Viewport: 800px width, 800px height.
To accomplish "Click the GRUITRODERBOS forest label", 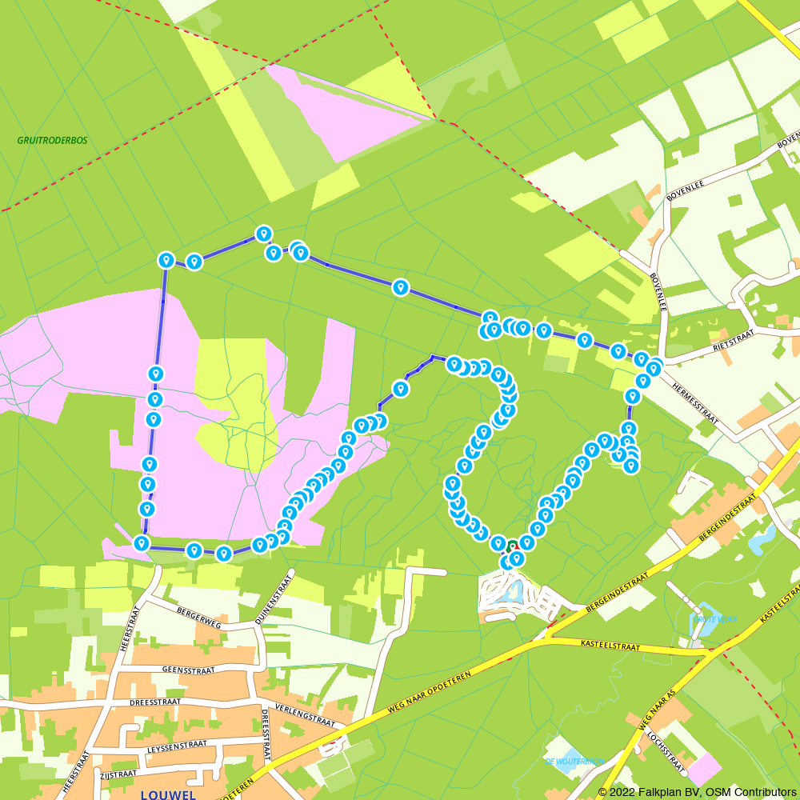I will [x=52, y=140].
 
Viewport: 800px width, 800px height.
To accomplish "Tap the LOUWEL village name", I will [x=168, y=794].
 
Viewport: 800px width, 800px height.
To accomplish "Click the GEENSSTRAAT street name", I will [x=188, y=670].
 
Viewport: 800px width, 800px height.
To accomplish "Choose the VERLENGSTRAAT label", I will [x=304, y=714].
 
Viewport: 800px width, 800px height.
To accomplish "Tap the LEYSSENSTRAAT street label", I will [x=177, y=746].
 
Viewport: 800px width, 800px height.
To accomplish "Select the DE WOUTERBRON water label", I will [x=574, y=761].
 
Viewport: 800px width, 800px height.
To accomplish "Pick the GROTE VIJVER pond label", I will [x=715, y=619].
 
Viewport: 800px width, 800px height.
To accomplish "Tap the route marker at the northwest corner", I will [x=166, y=260].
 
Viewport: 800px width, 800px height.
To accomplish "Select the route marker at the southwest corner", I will [x=142, y=544].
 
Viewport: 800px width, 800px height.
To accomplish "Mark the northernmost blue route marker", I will [x=263, y=233].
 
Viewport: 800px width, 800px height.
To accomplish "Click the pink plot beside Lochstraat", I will [x=703, y=768].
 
